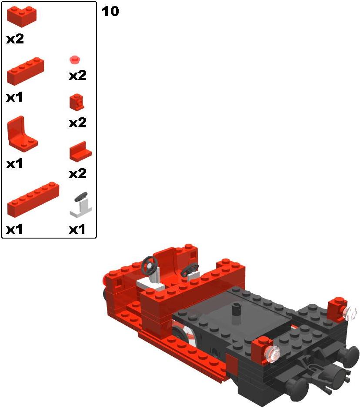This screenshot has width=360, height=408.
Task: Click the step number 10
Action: pos(110,11)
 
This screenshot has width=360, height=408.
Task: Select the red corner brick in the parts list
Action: pos(22,17)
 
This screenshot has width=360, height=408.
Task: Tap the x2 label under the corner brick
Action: pos(15,39)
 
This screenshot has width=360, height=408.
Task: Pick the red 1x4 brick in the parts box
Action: pos(25,71)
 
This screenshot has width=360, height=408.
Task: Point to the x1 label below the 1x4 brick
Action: pos(14,97)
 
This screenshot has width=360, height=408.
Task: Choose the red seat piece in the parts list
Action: pos(22,134)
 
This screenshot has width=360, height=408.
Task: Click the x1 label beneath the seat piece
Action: pos(14,164)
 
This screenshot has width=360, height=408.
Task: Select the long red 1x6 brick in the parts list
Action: pos(33,199)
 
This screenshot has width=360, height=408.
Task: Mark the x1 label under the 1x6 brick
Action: pos(14,229)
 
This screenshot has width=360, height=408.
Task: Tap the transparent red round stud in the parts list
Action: pos(75,60)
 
